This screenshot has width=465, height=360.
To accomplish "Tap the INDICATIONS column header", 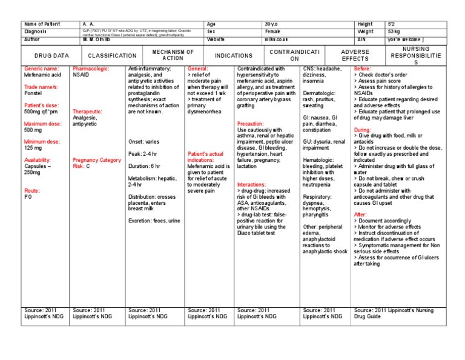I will [x=233, y=55].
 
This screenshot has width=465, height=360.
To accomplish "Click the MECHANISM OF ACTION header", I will [x=173, y=55].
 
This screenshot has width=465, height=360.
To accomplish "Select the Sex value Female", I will [x=272, y=31].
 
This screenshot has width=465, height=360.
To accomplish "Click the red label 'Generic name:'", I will [x=42, y=69].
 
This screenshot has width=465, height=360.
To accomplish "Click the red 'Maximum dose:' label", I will [x=44, y=124].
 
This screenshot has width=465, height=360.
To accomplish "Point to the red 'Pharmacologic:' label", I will [x=91, y=69].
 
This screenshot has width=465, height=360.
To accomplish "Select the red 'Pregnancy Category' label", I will [x=96, y=159].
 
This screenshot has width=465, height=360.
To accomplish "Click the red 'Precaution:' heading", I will [x=250, y=124].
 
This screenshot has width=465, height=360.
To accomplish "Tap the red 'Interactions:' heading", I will [x=251, y=184].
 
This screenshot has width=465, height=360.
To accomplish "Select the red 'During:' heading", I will [x=362, y=130].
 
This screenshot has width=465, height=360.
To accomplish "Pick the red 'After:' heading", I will [x=360, y=215].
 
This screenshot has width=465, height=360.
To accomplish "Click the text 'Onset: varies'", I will [x=144, y=142].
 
